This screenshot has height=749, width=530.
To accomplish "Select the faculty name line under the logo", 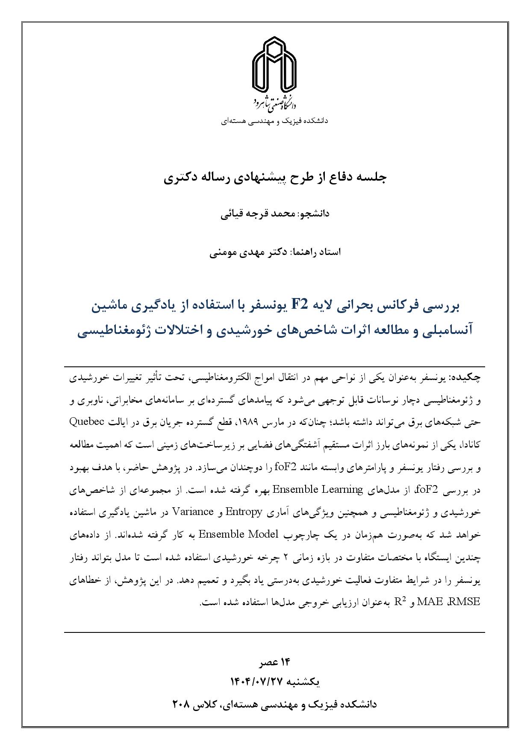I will [274, 121].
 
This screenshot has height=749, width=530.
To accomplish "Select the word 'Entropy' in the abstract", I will [244, 512].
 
